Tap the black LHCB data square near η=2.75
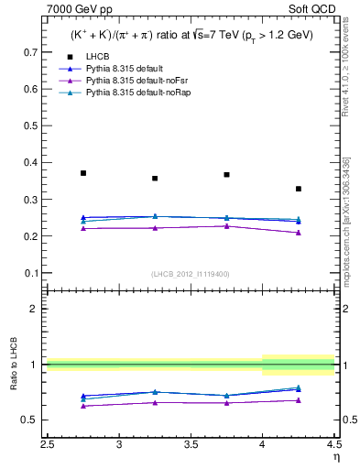(83, 173)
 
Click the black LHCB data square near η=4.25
(299, 189)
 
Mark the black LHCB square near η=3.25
(155, 179)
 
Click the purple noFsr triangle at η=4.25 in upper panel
(299, 233)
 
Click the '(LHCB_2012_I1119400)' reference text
(190, 274)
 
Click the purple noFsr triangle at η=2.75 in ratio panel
(83, 406)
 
